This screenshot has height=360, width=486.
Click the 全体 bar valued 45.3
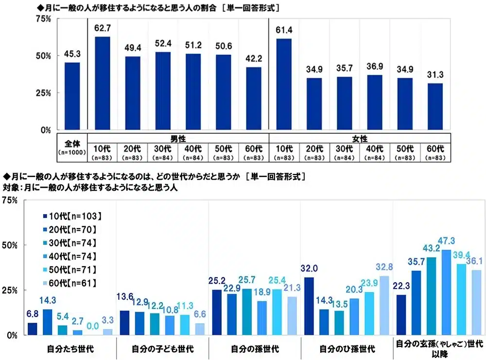(72, 96)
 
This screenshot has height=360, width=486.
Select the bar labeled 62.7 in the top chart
(102, 83)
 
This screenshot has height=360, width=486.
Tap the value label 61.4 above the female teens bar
(284, 30)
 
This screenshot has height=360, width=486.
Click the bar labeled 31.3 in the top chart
(435, 107)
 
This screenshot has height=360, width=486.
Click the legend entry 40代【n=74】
(70, 256)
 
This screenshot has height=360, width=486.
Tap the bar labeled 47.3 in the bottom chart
(447, 292)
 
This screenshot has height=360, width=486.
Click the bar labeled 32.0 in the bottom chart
(309, 306)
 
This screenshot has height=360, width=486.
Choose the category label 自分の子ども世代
(162, 348)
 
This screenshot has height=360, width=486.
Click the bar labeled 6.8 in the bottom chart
(33, 329)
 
